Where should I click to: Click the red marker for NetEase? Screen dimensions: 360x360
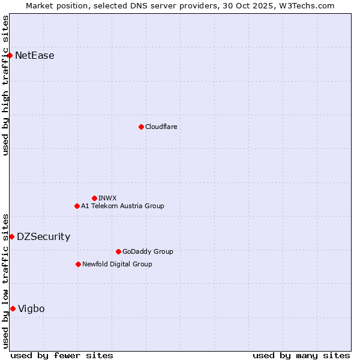[x=10, y=56]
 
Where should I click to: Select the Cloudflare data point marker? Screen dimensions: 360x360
[x=141, y=127]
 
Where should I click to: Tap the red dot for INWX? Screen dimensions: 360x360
[x=94, y=198]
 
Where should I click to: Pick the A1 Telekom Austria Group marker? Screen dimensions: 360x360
[x=77, y=206]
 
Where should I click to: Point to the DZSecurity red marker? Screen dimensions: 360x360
[x=11, y=236]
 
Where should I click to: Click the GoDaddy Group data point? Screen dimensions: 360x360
[x=118, y=251]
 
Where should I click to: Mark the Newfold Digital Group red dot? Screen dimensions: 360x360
[x=78, y=264]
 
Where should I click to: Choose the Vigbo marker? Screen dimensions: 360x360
[x=13, y=308]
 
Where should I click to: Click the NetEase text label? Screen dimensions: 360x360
[x=35, y=56]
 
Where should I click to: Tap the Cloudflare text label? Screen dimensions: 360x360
[x=161, y=127]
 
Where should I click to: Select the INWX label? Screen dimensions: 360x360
[x=108, y=198]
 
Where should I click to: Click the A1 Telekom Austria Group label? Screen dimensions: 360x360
[x=122, y=206]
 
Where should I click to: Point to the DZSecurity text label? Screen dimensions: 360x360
[x=43, y=236]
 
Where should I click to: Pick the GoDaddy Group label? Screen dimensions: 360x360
[x=148, y=251]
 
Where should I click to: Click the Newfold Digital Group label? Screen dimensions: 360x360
[x=117, y=264]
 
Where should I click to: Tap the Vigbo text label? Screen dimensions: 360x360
[x=31, y=308]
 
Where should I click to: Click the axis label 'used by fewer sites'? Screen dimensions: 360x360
[x=62, y=355]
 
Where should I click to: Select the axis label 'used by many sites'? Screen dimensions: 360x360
[x=301, y=355]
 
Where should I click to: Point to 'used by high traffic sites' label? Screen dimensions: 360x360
[x=6, y=85]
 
